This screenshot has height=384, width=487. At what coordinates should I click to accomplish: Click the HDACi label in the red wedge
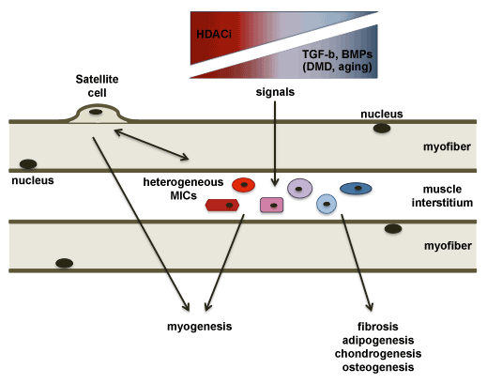(214, 34)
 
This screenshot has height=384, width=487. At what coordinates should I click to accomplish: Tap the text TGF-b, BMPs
(337, 54)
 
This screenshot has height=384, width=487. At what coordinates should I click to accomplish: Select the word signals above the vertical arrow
(275, 92)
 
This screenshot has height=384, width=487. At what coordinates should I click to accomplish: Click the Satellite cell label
(97, 85)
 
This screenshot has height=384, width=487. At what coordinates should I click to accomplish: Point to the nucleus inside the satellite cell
(96, 112)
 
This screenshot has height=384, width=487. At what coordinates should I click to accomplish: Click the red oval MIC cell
(243, 185)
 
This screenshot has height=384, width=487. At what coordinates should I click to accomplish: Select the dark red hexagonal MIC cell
(222, 205)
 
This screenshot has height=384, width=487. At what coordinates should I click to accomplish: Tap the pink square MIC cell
(272, 205)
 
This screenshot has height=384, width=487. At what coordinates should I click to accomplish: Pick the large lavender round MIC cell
(299, 189)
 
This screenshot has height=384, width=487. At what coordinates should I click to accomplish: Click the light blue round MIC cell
(327, 204)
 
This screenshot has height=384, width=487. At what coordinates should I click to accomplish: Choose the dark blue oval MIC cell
(356, 189)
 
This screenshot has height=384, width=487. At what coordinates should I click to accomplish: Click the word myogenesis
(200, 327)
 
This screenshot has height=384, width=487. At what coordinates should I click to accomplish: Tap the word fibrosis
(378, 327)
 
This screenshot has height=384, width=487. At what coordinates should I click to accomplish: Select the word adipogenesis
(378, 340)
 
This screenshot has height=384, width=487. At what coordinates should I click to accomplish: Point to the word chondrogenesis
(378, 354)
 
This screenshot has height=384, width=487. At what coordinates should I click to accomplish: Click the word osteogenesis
(378, 367)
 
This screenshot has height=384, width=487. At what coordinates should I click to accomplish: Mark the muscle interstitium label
(442, 196)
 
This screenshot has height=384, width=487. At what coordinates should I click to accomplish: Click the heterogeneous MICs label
(183, 189)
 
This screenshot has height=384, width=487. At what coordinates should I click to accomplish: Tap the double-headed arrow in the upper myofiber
(151, 145)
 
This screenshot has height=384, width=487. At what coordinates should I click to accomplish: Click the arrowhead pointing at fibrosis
(370, 306)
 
